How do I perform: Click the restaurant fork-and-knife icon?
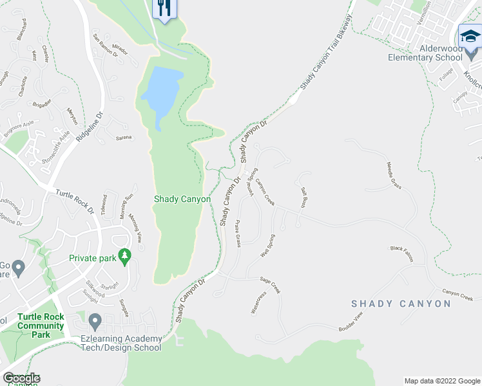[164, 8]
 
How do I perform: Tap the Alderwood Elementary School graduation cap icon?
[470, 38]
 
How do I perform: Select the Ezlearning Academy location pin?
[95, 320]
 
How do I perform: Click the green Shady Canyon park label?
[182, 199]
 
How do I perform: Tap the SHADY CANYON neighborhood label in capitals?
[401, 304]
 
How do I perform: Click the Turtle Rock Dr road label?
[74, 201]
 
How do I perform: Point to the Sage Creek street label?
[270, 284]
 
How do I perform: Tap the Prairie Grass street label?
[237, 234]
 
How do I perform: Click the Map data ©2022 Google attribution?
[441, 381]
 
